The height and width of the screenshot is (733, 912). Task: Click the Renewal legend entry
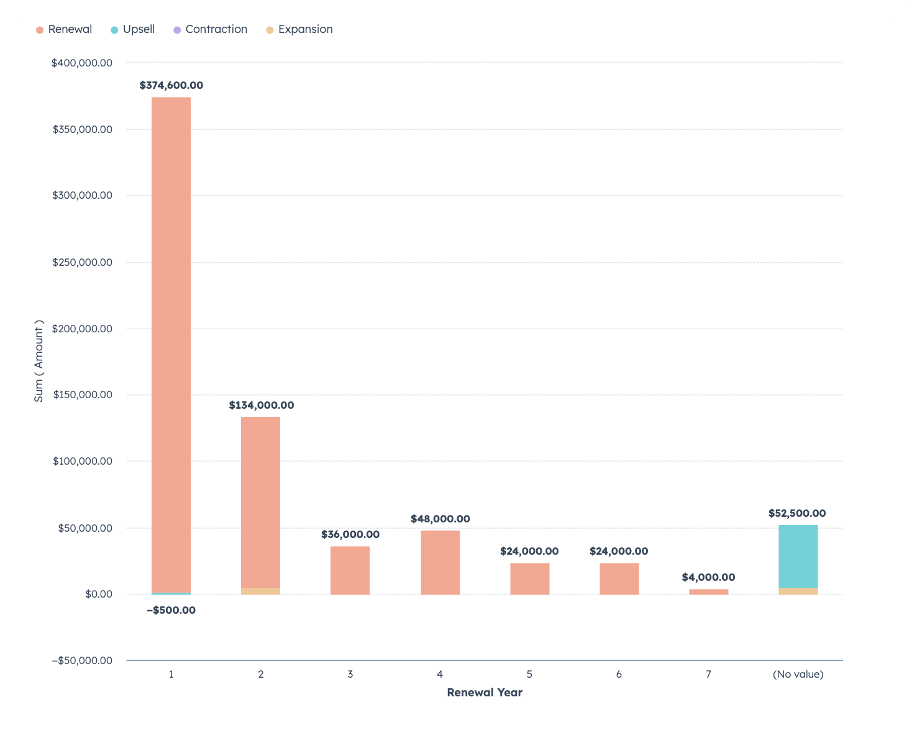(x=64, y=29)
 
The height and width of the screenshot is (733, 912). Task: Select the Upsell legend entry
(x=133, y=29)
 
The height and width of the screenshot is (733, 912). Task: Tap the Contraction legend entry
(x=210, y=29)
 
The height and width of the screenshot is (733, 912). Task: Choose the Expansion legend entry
(x=299, y=29)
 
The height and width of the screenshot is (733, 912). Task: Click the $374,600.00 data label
(x=171, y=86)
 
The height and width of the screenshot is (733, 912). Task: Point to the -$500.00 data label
(x=171, y=611)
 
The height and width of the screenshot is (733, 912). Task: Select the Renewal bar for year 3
(x=350, y=570)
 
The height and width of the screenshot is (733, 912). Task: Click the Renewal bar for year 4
(x=440, y=562)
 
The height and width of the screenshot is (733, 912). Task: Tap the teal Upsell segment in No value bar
(x=798, y=556)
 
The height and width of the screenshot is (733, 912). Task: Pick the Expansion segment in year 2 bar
(x=260, y=591)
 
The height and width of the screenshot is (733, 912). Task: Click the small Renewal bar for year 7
(x=708, y=592)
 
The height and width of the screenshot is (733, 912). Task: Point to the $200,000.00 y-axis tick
(x=83, y=329)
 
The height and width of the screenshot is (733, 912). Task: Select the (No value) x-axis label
(x=798, y=675)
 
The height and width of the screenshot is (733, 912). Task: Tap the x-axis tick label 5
(x=529, y=675)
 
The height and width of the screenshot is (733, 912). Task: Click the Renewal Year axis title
(x=485, y=693)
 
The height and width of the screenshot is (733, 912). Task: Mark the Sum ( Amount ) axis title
(x=39, y=361)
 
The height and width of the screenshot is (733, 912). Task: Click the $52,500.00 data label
(x=797, y=514)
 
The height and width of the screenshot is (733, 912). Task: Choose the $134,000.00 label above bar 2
(x=261, y=406)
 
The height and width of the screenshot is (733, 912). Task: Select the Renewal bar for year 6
(x=619, y=578)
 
